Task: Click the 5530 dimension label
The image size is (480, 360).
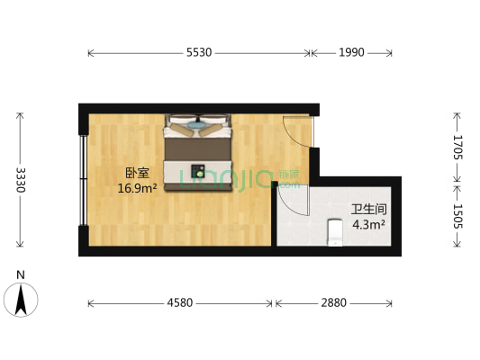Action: [x=199, y=53]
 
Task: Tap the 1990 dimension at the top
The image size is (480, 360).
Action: [x=352, y=53]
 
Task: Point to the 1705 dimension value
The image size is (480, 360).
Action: [x=457, y=147]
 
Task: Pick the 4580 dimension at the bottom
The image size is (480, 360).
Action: [x=180, y=303]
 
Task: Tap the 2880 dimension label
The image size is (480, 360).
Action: [x=333, y=303]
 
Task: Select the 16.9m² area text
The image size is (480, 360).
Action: [x=137, y=189]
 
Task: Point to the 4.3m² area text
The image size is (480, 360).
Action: [x=369, y=224]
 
